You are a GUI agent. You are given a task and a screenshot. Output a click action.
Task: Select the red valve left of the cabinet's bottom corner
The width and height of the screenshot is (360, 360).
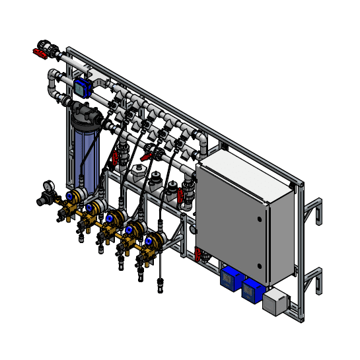coord(197,254)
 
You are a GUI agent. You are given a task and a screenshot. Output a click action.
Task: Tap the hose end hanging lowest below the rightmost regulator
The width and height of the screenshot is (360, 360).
coord(159,288)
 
